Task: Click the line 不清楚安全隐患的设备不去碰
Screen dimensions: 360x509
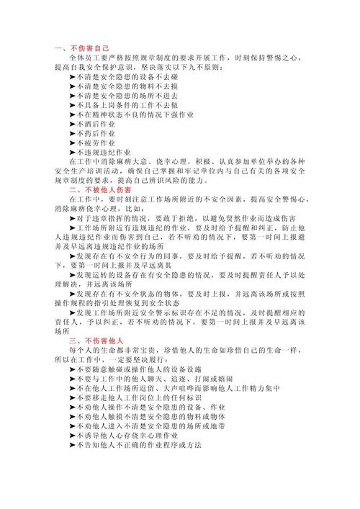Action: (x=128, y=76)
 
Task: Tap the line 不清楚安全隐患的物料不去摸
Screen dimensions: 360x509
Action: (x=128, y=85)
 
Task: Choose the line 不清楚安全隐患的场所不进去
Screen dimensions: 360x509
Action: (x=128, y=95)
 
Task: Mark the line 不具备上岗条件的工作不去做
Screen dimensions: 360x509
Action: (x=128, y=104)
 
